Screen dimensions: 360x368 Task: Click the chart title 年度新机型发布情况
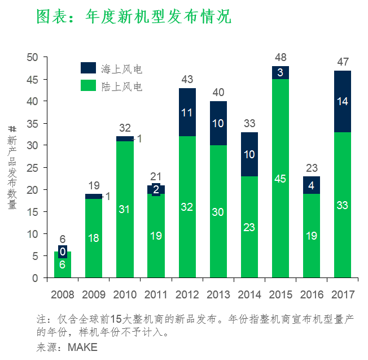(x=134, y=16)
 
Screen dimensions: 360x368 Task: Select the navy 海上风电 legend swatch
(x=89, y=68)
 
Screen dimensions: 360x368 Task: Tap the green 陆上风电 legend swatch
(x=89, y=86)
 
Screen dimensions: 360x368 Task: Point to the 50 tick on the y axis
(x=32, y=58)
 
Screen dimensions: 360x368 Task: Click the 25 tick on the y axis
(x=32, y=168)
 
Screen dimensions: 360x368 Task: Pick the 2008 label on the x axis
(x=62, y=294)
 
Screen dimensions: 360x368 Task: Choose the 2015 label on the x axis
(x=281, y=294)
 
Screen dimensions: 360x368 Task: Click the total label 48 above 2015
(x=281, y=58)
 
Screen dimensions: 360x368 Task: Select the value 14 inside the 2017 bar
(x=343, y=102)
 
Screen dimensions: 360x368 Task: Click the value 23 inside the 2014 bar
(x=249, y=227)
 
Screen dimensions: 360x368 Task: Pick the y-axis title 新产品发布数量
(x=12, y=168)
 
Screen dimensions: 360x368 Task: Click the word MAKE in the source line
(x=82, y=346)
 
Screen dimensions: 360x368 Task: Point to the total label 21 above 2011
(x=156, y=177)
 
